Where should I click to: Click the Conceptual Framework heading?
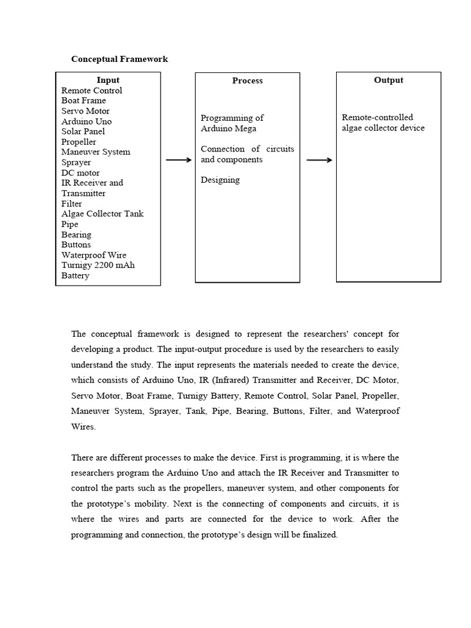pyautogui.click(x=120, y=59)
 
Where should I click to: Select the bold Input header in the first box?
pyautogui.click(x=108, y=80)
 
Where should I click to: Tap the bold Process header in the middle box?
pyautogui.click(x=247, y=80)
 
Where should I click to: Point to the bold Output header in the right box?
pyautogui.click(x=388, y=80)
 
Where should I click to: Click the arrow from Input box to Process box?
pyautogui.click(x=178, y=160)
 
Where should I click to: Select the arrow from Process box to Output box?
pyautogui.click(x=319, y=160)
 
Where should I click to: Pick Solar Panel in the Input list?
pyautogui.click(x=83, y=131)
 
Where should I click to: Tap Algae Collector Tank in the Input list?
pyautogui.click(x=102, y=214)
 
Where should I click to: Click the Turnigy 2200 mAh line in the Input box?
pyautogui.click(x=98, y=266)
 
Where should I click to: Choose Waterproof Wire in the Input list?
pyautogui.click(x=94, y=255)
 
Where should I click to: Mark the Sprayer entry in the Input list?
pyautogui.click(x=76, y=163)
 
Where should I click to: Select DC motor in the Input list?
pyautogui.click(x=80, y=173)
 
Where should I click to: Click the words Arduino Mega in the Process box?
pyautogui.click(x=229, y=129)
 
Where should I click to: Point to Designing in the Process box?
pyautogui.click(x=220, y=180)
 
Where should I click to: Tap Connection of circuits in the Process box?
pyautogui.click(x=247, y=149)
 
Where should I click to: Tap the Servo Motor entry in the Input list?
pyautogui.click(x=86, y=111)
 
